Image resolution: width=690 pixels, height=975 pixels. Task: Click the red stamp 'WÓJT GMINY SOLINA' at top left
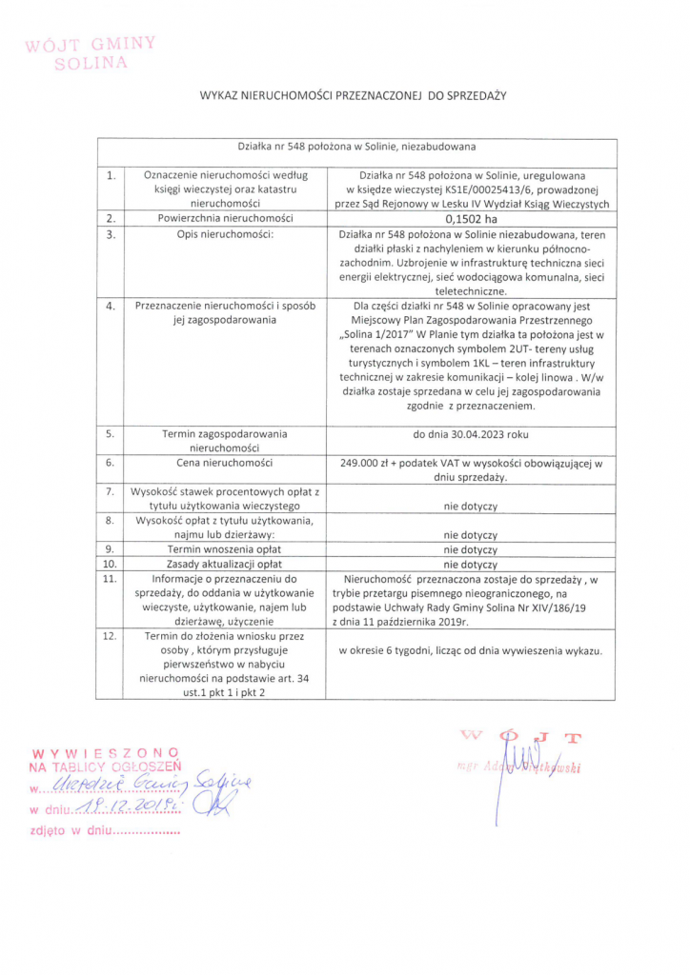[x=91, y=53]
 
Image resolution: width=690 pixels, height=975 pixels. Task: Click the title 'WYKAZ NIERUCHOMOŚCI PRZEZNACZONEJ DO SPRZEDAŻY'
[x=352, y=96]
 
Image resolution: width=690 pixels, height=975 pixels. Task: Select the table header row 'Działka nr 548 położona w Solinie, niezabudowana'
[x=356, y=148]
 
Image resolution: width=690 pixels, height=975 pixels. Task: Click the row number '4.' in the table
[x=112, y=306]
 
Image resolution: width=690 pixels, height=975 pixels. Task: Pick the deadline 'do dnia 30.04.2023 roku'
[x=471, y=433]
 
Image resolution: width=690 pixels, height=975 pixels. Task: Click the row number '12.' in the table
[x=112, y=635]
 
